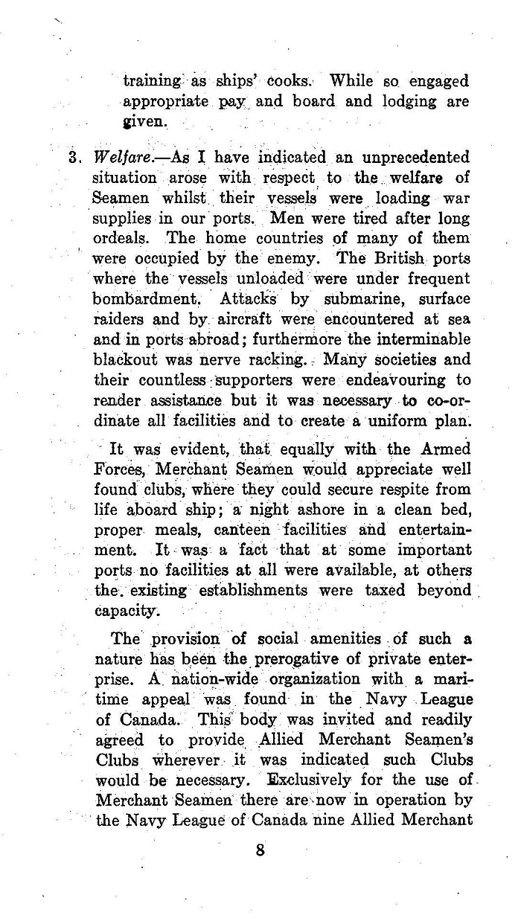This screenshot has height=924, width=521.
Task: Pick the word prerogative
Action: [313, 659]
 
